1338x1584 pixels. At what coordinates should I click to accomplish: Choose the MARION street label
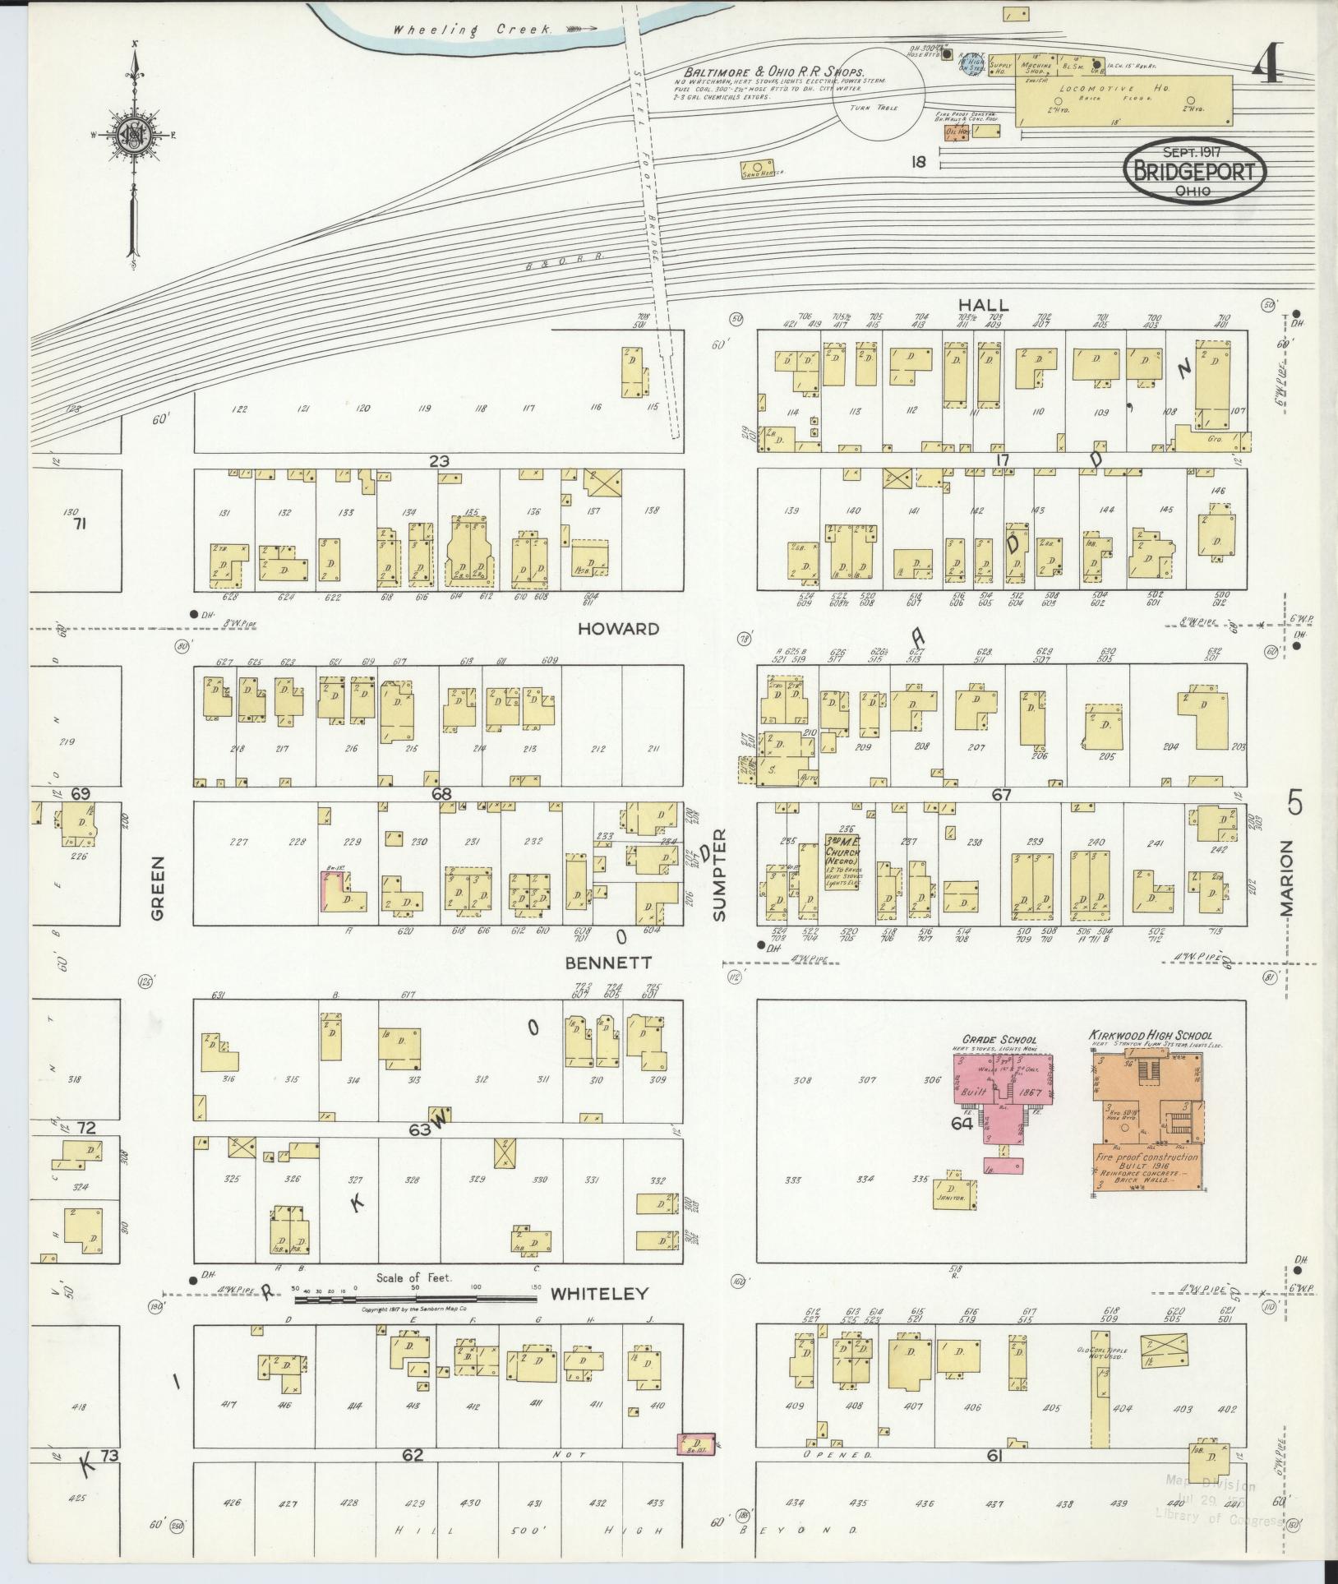coord(1286,878)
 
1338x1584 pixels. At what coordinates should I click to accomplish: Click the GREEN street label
coord(158,888)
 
